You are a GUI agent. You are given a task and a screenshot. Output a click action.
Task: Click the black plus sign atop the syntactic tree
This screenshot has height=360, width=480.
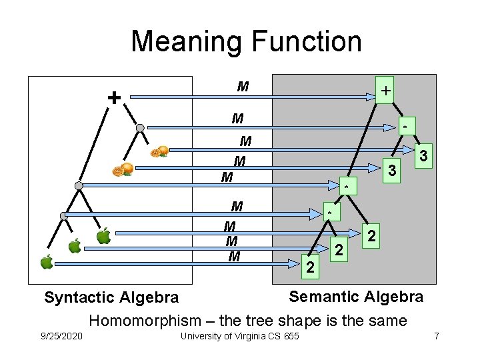[115, 98]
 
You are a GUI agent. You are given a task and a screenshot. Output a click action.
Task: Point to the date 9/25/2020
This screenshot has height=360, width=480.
[62, 335]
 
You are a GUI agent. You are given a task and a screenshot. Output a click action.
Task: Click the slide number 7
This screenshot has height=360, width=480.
[436, 335]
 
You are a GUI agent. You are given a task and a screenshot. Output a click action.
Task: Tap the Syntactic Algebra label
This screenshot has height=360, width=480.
[111, 297]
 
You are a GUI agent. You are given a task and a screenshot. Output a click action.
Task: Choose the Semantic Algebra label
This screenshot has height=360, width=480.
[355, 296]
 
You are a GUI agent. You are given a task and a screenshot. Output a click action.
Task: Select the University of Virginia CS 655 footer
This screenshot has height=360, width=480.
[239, 335]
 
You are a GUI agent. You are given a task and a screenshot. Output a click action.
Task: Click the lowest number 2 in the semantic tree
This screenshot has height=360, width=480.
[309, 267]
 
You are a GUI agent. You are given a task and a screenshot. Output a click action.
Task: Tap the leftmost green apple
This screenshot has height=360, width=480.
[47, 262]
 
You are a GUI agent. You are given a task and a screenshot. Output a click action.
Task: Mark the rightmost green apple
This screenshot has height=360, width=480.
[103, 236]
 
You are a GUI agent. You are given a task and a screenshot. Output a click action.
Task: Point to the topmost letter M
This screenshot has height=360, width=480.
[243, 87]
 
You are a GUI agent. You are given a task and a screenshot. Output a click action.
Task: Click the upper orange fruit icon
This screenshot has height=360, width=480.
[159, 151]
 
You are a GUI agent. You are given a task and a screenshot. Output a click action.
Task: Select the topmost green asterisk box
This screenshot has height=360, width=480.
[404, 127]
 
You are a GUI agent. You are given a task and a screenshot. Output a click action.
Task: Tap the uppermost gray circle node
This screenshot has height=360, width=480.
[140, 127]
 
